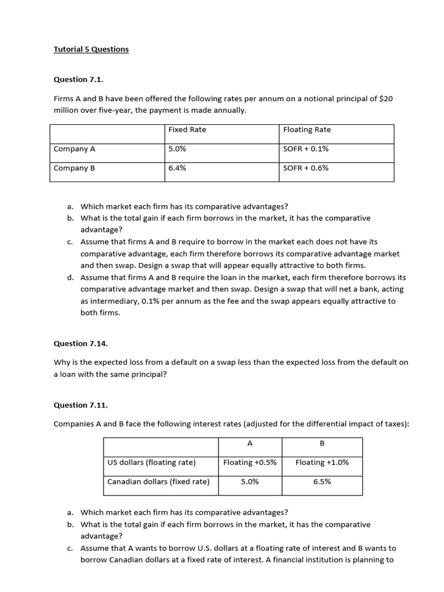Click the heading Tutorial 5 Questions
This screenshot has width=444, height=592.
91,49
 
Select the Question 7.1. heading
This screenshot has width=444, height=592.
78,79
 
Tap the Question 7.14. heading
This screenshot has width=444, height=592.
80,343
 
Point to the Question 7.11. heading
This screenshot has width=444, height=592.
80,405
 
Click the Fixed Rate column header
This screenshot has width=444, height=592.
187,129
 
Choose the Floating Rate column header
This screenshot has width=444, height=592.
307,129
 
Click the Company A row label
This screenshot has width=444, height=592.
74,149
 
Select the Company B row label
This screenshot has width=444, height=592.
74,168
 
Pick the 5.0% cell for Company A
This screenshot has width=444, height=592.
177,149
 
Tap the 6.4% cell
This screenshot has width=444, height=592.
177,168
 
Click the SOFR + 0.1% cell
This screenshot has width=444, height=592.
306,149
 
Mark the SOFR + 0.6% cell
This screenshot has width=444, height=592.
306,168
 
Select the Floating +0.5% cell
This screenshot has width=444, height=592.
250,462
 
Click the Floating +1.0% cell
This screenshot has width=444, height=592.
322,462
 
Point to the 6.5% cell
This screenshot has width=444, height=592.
322,482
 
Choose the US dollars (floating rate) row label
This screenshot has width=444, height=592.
151,462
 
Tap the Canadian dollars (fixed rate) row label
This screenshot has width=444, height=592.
158,482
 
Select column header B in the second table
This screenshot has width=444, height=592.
322,443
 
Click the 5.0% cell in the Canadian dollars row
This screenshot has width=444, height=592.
250,482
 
